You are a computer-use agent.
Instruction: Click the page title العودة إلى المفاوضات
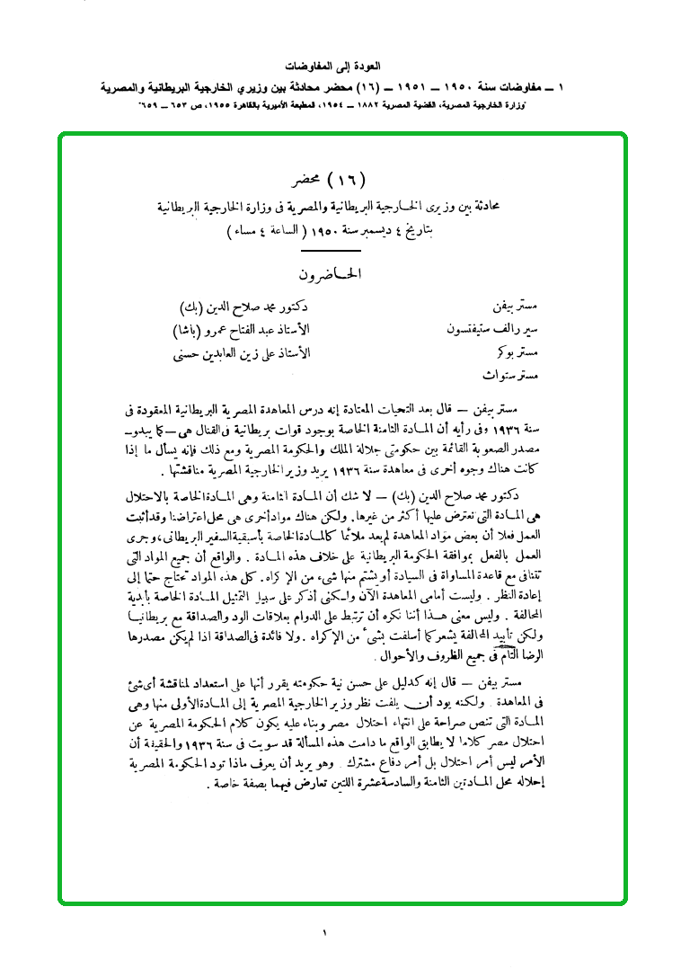340,67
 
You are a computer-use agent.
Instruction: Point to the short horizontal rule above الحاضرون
330,251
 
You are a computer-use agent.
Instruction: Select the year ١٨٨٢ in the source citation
335,106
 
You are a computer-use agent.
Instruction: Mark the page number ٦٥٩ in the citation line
146,106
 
